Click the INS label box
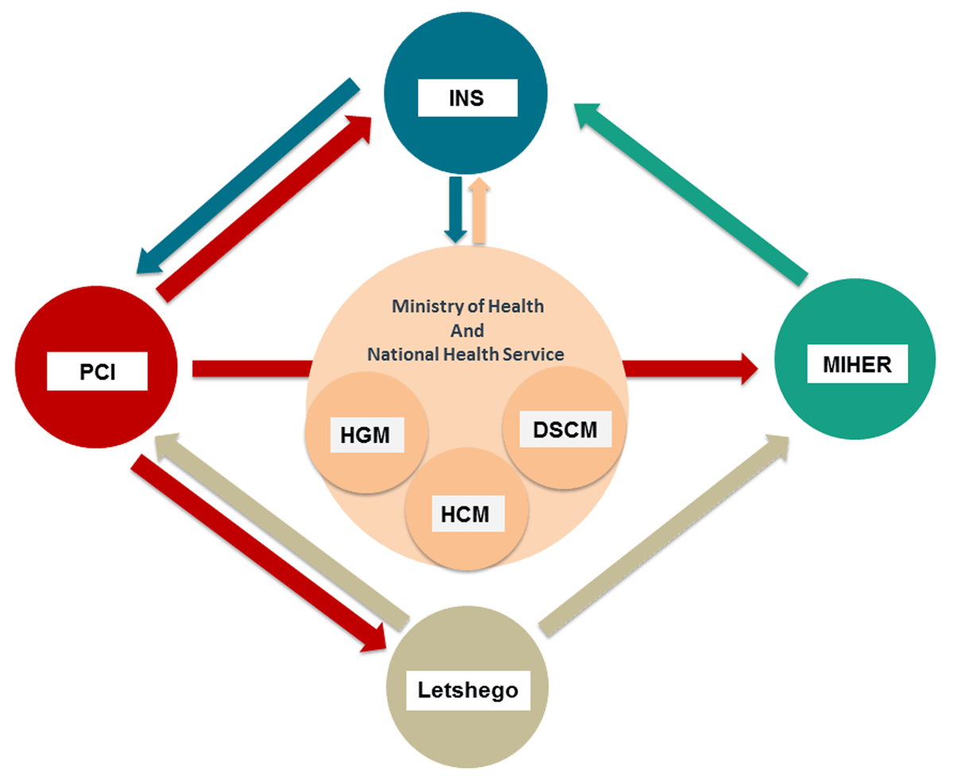[467, 100]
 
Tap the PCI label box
[97, 372]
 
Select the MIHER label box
[856, 365]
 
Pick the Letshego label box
[468, 690]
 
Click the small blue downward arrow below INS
[456, 208]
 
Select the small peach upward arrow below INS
[479, 211]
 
